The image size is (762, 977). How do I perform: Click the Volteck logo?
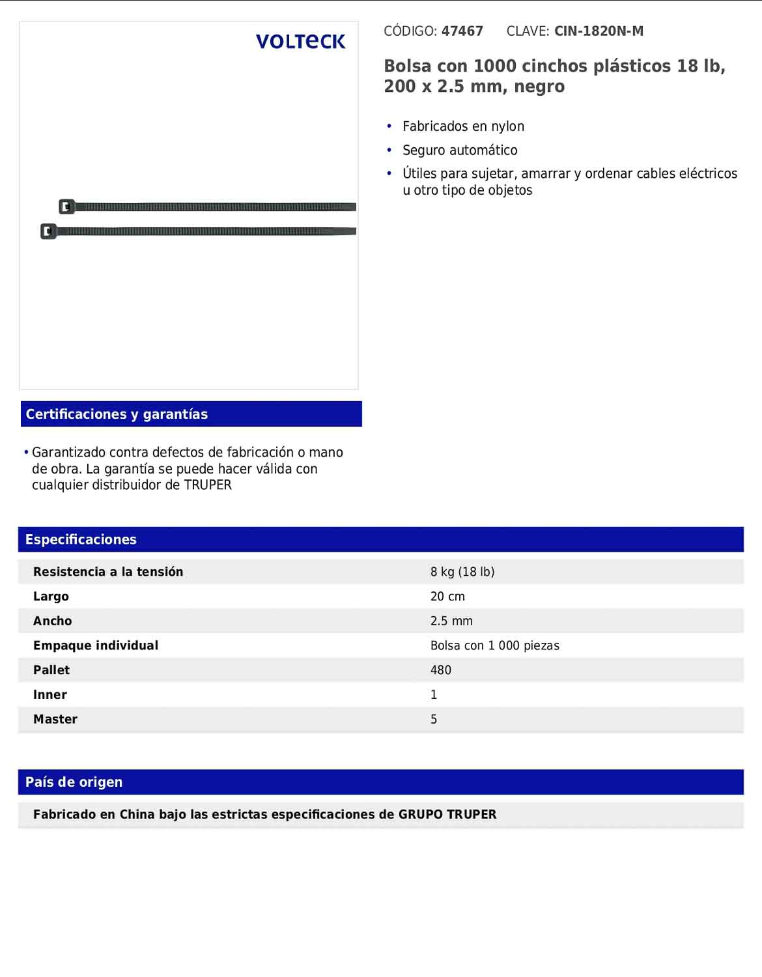coord(300,42)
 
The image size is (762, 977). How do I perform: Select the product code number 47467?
coord(462,31)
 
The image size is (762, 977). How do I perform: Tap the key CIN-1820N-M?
coord(599,31)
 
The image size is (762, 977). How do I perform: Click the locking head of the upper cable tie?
coord(66,207)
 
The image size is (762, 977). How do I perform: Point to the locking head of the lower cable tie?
coord(48,231)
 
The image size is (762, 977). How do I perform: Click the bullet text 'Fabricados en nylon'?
coord(463,126)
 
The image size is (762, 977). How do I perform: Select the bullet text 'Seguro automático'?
coord(460,150)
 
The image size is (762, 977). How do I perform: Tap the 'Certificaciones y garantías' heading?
coord(117,414)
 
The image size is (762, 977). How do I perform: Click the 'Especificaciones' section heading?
coord(81,539)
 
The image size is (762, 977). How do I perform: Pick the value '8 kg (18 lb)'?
coord(462,572)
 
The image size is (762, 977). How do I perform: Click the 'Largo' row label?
coord(51,597)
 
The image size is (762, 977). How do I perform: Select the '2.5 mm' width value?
coord(451,621)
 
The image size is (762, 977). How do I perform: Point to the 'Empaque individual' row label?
coord(96,645)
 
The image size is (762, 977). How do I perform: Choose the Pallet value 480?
coord(441,670)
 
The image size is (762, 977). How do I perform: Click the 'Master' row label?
coord(55,720)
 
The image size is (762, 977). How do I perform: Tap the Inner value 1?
coord(434,695)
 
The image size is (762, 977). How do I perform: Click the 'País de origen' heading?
coord(74,782)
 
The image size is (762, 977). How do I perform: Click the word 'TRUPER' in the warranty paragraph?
coord(208,485)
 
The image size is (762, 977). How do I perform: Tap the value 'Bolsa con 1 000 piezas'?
coord(495,646)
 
